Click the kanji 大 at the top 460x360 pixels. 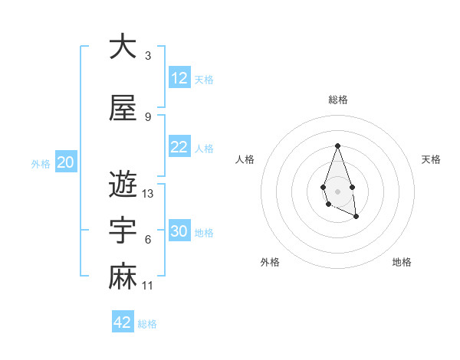click(x=123, y=47)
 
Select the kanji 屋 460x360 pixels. click(x=123, y=109)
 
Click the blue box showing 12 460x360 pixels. click(x=179, y=78)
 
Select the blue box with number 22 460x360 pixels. click(x=179, y=147)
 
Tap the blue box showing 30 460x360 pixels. click(x=179, y=231)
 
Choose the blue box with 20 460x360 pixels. click(x=66, y=162)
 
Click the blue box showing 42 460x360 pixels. click(x=123, y=322)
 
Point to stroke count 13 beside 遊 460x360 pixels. click(x=148, y=194)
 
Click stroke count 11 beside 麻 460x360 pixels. click(x=148, y=286)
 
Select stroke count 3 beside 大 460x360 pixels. click(x=148, y=56)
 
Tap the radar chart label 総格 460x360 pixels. click(x=337, y=100)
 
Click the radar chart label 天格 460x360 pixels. click(x=432, y=159)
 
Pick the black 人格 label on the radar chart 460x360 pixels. click(x=245, y=159)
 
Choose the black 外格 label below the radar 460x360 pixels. click(x=270, y=262)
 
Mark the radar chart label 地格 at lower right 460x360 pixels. click(x=402, y=262)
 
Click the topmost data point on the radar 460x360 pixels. click(x=337, y=146)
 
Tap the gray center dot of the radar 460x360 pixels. click(x=337, y=191)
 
